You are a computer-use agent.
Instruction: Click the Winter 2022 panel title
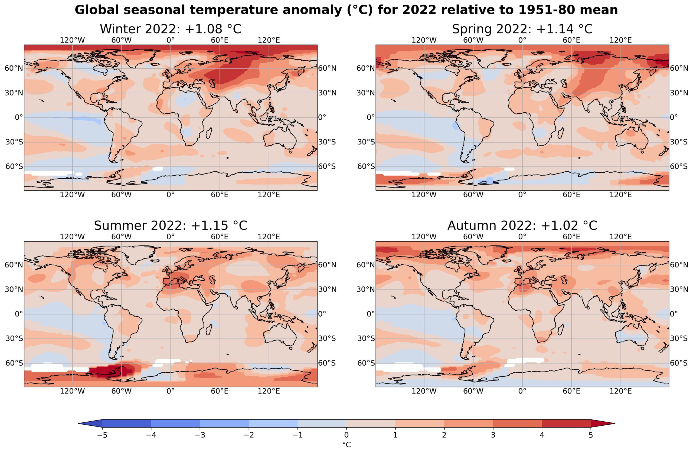[x=171, y=29]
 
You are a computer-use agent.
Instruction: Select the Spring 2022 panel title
[x=522, y=29]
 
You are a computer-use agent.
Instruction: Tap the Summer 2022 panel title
[x=171, y=226]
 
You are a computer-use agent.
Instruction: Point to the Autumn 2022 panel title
[x=522, y=226]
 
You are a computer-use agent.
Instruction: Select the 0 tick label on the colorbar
[x=346, y=435]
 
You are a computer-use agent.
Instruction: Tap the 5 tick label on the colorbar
[x=591, y=435]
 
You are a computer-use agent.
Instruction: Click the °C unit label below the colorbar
[x=346, y=445]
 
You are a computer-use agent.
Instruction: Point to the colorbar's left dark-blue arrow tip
[x=78, y=424]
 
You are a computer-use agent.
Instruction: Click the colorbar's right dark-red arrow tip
[x=615, y=424]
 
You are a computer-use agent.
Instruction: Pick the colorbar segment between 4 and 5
[x=566, y=424]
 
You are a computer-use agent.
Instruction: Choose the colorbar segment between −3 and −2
[x=224, y=424]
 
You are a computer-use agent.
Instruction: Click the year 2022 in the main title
[x=419, y=10]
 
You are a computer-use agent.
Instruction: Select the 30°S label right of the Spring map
[x=679, y=142]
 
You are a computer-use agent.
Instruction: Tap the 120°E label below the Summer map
[x=269, y=391]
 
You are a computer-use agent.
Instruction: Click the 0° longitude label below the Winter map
[x=171, y=195]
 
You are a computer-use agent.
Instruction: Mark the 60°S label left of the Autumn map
[x=366, y=363]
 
